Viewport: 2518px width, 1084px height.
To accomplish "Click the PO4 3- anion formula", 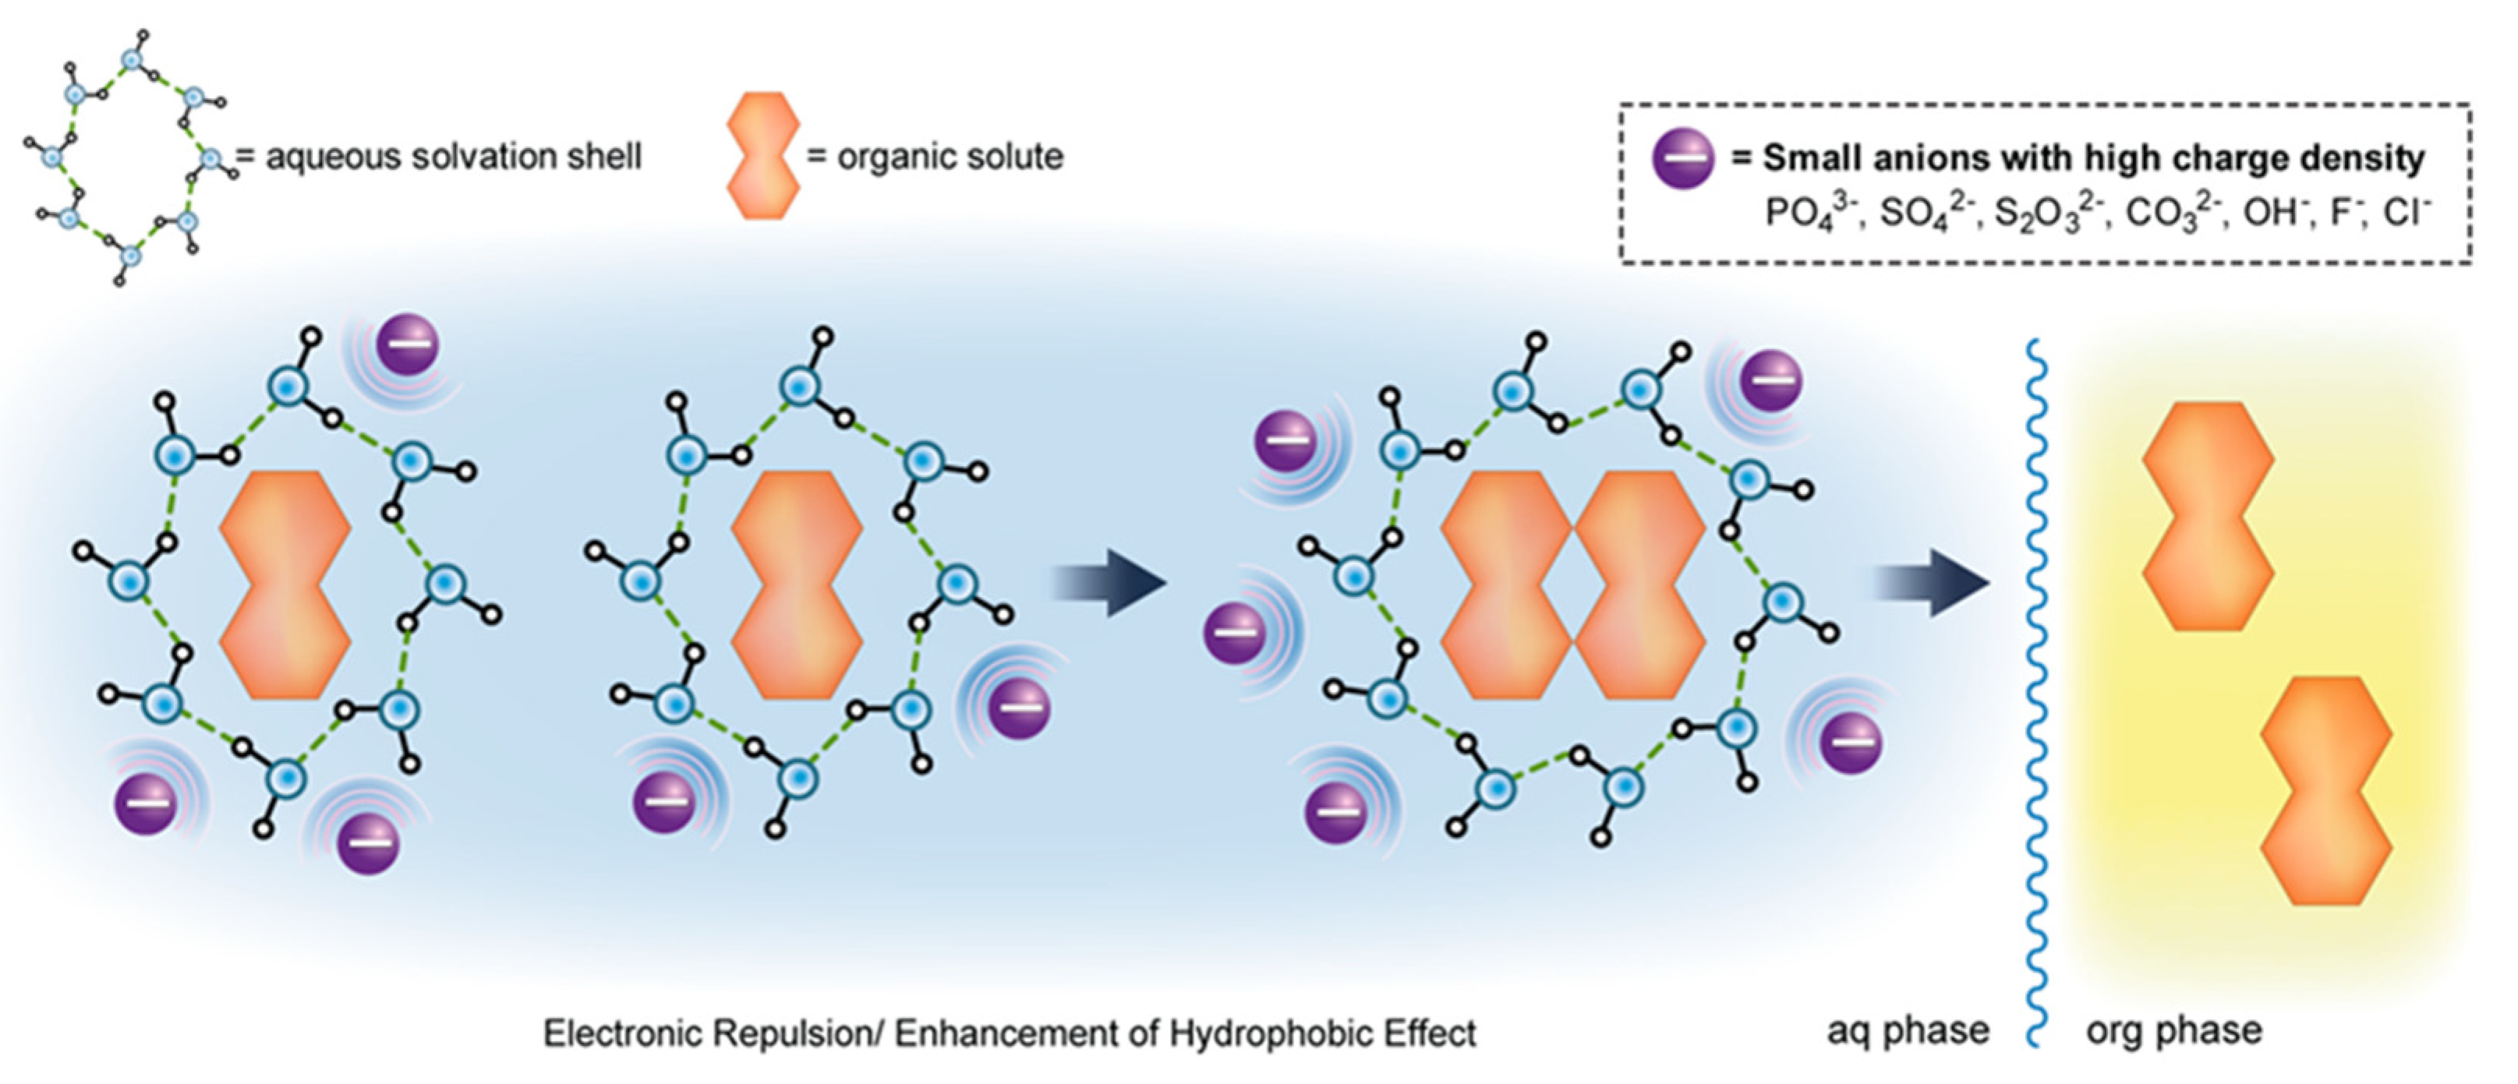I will (1807, 213).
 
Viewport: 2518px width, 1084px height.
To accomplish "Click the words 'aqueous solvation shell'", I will (454, 157).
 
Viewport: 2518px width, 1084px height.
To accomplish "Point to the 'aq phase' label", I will (1908, 1030).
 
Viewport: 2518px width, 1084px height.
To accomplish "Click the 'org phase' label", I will (2174, 1030).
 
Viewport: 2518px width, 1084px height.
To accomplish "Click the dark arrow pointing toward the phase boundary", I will (1933, 583).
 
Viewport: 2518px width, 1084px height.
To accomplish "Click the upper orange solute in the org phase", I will (2209, 515).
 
